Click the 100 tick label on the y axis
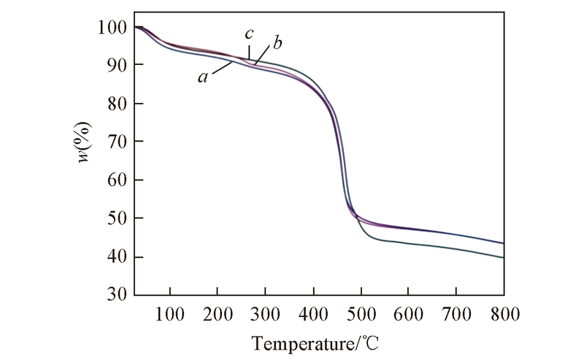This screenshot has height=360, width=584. pyautogui.click(x=111, y=28)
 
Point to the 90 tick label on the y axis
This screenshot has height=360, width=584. pyautogui.click(x=115, y=66)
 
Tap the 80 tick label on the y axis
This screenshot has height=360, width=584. pyautogui.click(x=115, y=104)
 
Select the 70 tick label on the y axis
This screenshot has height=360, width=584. pyautogui.click(x=115, y=142)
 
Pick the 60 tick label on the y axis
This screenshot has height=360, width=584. pyautogui.click(x=115, y=180)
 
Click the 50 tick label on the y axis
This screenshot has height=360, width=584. pyautogui.click(x=115, y=218)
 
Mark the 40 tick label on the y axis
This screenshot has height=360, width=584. pyautogui.click(x=115, y=257)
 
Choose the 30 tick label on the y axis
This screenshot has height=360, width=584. pyautogui.click(x=115, y=295)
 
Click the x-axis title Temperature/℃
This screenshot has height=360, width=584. pyautogui.click(x=316, y=341)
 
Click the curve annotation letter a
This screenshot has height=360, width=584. pyautogui.click(x=201, y=77)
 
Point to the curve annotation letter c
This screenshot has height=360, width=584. pyautogui.click(x=249, y=35)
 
